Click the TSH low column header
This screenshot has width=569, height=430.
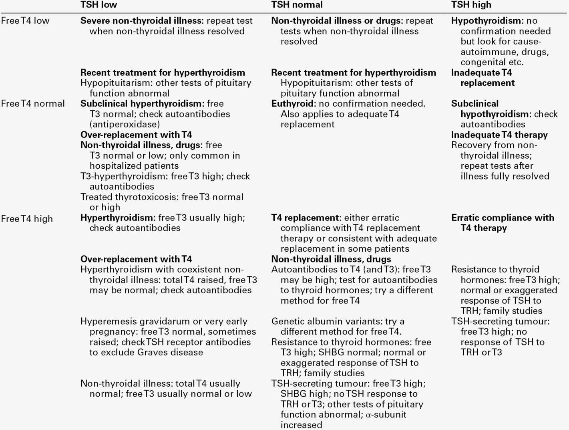click(x=99, y=5)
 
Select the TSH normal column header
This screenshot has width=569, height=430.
click(x=297, y=5)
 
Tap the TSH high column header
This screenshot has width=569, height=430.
click(x=471, y=5)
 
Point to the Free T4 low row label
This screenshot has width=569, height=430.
click(x=25, y=21)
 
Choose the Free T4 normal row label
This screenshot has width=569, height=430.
click(x=32, y=104)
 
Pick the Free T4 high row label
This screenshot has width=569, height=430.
click(x=26, y=219)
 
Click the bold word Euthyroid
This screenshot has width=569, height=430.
click(x=293, y=104)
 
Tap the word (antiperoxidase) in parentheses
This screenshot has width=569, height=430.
click(x=125, y=124)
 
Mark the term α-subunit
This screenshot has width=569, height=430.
click(x=386, y=414)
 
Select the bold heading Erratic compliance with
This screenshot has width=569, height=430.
click(x=503, y=218)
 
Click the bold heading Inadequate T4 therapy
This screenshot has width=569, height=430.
click(x=499, y=135)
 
